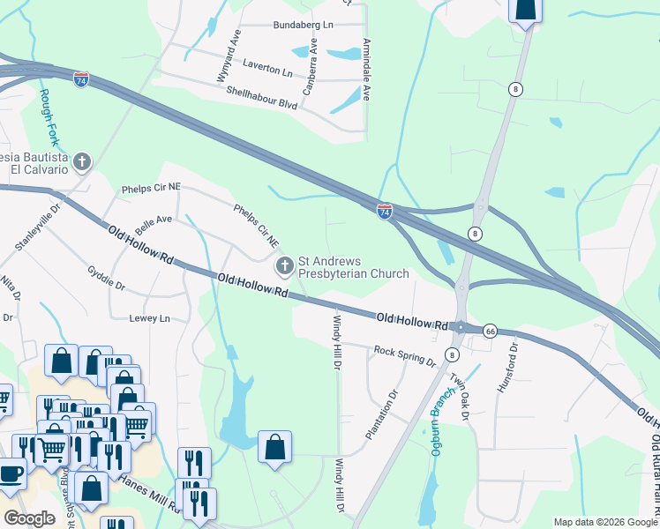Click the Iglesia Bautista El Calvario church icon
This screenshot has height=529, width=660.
[82, 161]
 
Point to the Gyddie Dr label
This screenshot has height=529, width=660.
[107, 279]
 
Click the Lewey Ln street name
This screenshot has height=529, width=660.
[148, 317]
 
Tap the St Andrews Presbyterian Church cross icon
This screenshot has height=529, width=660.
[285, 266]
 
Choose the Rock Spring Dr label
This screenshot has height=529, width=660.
[405, 356]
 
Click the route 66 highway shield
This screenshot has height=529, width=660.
[491, 331]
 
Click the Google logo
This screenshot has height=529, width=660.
[29, 518]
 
